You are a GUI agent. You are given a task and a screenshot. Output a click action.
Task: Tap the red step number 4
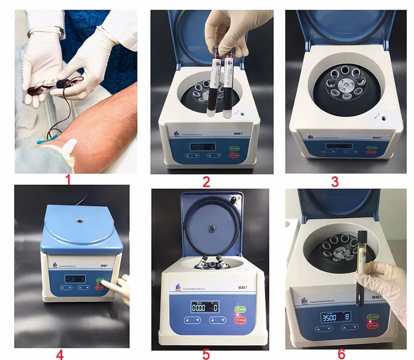60,354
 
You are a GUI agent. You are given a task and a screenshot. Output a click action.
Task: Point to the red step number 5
206,354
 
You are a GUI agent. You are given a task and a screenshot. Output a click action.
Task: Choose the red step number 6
341,354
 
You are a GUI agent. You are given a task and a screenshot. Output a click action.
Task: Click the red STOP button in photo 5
240,319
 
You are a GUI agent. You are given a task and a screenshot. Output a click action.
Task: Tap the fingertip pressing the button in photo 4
106,283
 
